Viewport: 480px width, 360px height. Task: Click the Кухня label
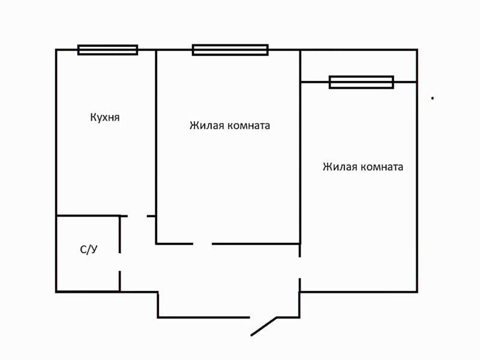105,117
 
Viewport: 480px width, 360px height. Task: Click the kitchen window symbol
107,50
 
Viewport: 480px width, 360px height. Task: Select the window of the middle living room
230,50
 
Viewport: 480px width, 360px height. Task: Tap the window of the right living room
361,82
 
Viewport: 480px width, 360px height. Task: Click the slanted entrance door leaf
264,326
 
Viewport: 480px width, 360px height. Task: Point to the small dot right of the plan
432,97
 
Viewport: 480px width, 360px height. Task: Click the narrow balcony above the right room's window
358,65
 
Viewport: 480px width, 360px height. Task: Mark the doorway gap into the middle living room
202,244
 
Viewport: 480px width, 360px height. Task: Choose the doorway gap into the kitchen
137,215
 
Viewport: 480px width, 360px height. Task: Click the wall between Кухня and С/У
87,215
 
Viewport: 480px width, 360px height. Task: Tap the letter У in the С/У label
94,250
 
